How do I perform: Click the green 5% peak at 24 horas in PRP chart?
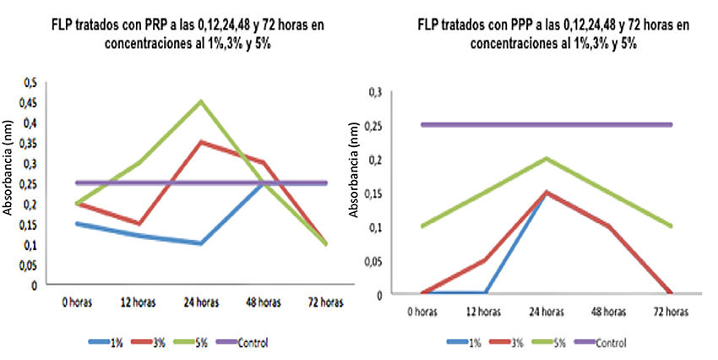click(x=200, y=101)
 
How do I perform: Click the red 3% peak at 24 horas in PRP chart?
click(x=200, y=142)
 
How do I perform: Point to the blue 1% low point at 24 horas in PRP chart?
click(x=200, y=243)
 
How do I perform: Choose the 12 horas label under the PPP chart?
click(x=484, y=312)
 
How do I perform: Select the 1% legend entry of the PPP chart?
click(x=473, y=343)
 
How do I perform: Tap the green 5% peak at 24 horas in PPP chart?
click(x=546, y=158)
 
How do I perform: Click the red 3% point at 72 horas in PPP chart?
click(x=671, y=293)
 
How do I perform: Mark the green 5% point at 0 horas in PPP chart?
click(x=422, y=226)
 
